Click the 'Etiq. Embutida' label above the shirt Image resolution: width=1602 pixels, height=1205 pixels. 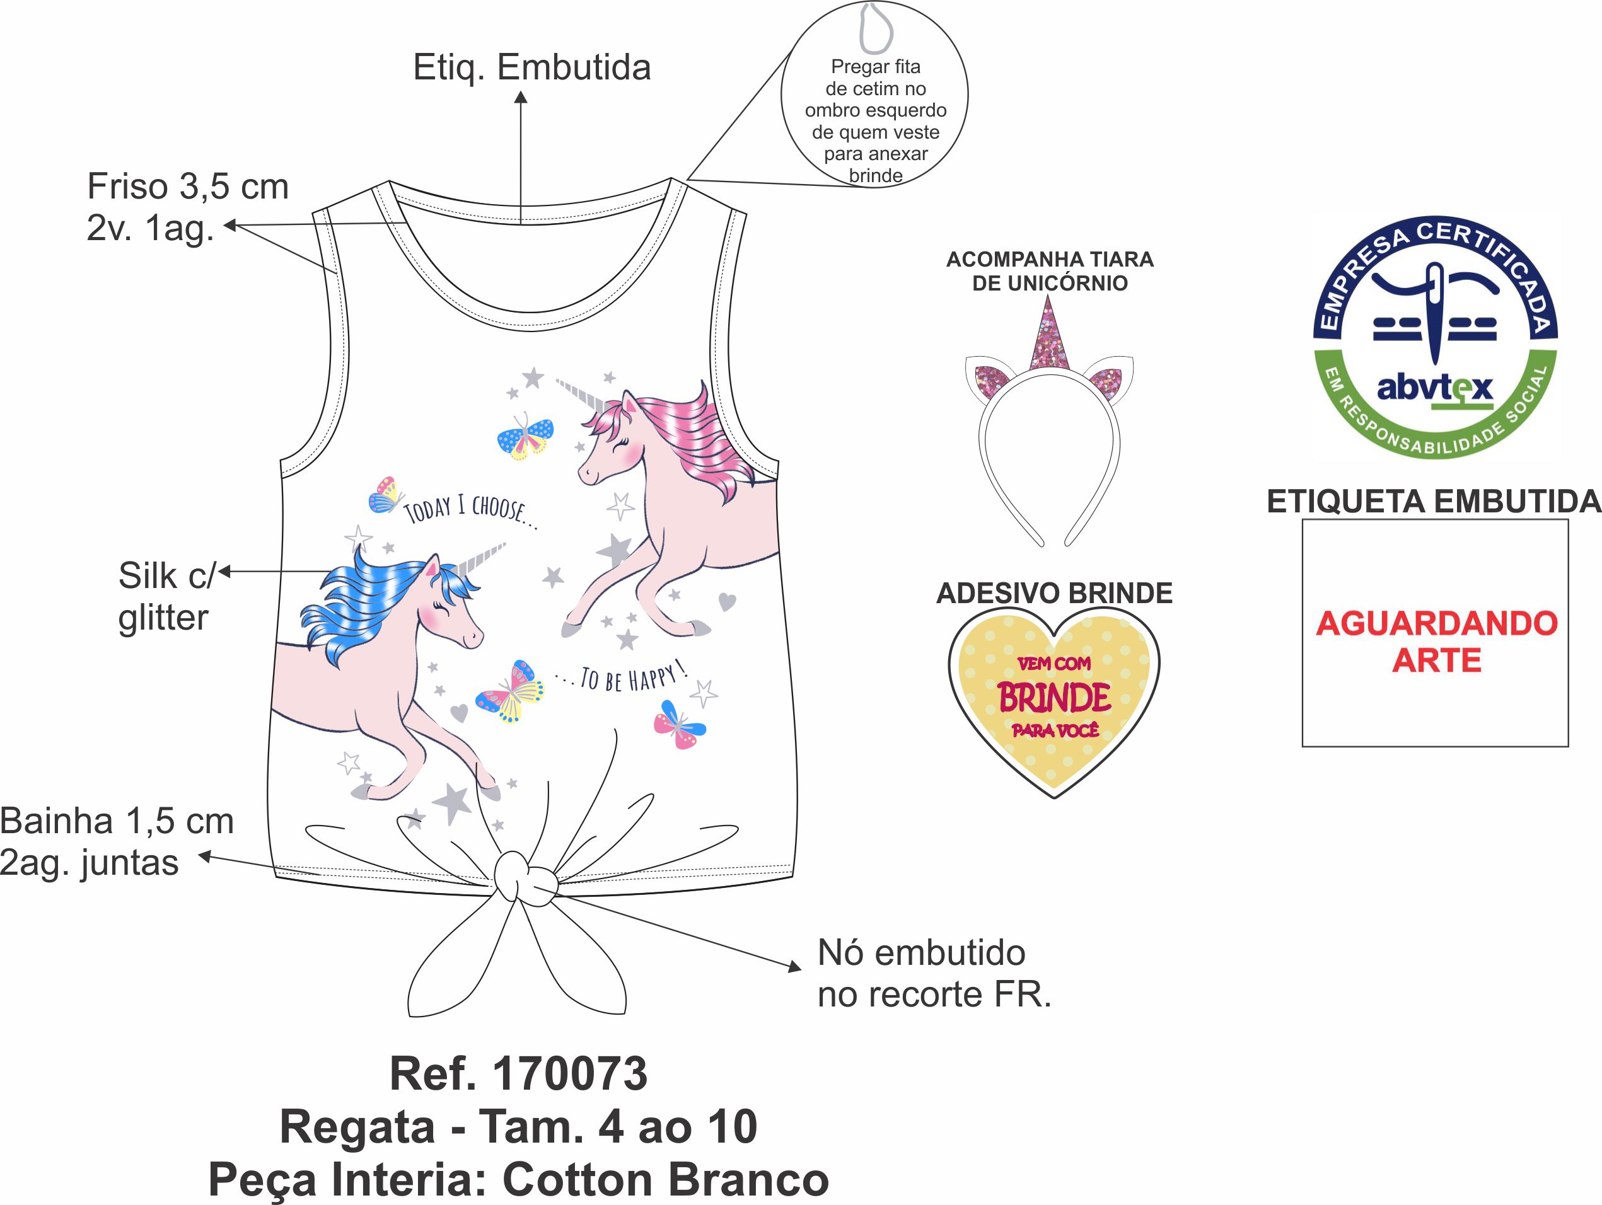point(531,67)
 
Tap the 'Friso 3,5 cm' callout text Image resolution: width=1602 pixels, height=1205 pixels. point(188,186)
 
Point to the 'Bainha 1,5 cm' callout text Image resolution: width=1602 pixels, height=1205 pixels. point(117,821)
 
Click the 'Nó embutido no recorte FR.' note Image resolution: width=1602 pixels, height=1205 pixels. point(933,973)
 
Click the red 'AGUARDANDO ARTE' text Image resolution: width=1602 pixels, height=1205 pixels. point(1436,642)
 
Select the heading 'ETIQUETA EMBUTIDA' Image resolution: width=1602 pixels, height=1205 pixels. point(1433,501)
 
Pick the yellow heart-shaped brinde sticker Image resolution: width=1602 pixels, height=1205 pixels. point(1053,700)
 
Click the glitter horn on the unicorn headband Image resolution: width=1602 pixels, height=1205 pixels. point(1048,337)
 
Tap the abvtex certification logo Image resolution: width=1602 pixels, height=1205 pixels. point(1436,337)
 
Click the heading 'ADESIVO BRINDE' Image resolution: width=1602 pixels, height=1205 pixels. point(1053,593)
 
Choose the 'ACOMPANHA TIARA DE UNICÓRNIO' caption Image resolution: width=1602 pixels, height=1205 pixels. point(1050,271)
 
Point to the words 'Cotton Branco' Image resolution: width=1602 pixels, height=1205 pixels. point(665,1179)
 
